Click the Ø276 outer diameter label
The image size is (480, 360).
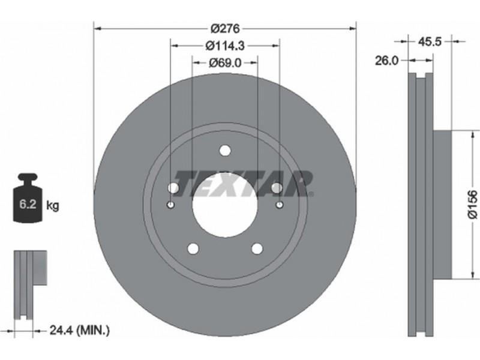point(225,29)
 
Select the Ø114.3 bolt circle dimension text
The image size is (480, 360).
point(225,46)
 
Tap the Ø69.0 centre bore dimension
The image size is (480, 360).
point(225,63)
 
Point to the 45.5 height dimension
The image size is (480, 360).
point(430,41)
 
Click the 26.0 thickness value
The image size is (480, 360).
point(387,61)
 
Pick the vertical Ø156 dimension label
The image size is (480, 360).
point(473,205)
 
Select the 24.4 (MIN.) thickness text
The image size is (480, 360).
point(79,331)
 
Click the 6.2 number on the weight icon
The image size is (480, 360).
point(28,204)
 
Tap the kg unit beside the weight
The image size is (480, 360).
point(52,205)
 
